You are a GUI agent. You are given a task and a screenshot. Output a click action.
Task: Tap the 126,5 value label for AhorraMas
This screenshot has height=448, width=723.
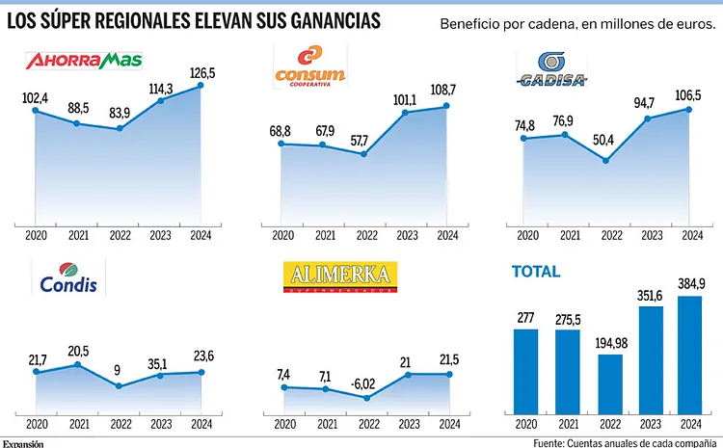[201, 72]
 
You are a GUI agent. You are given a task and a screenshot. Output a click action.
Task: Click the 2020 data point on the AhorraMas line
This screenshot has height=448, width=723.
[36, 111]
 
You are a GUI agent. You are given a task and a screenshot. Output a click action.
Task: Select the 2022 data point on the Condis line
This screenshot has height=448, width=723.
[119, 386]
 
